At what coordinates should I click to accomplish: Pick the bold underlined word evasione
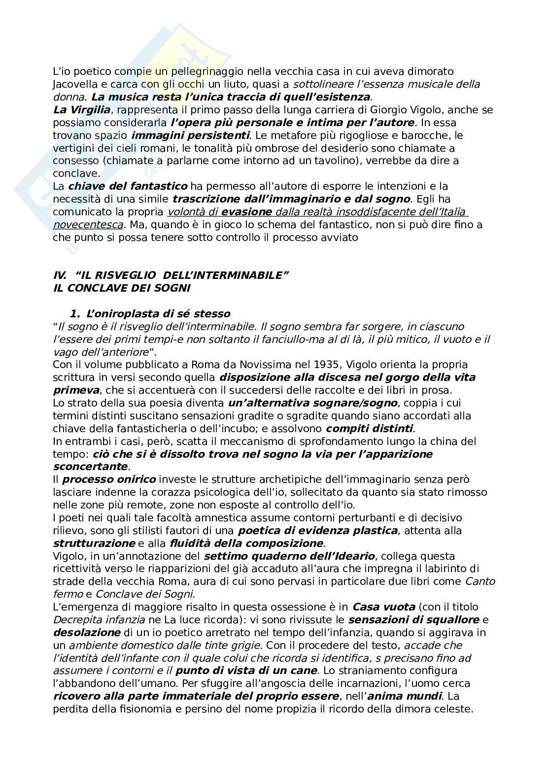tap(247, 212)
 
